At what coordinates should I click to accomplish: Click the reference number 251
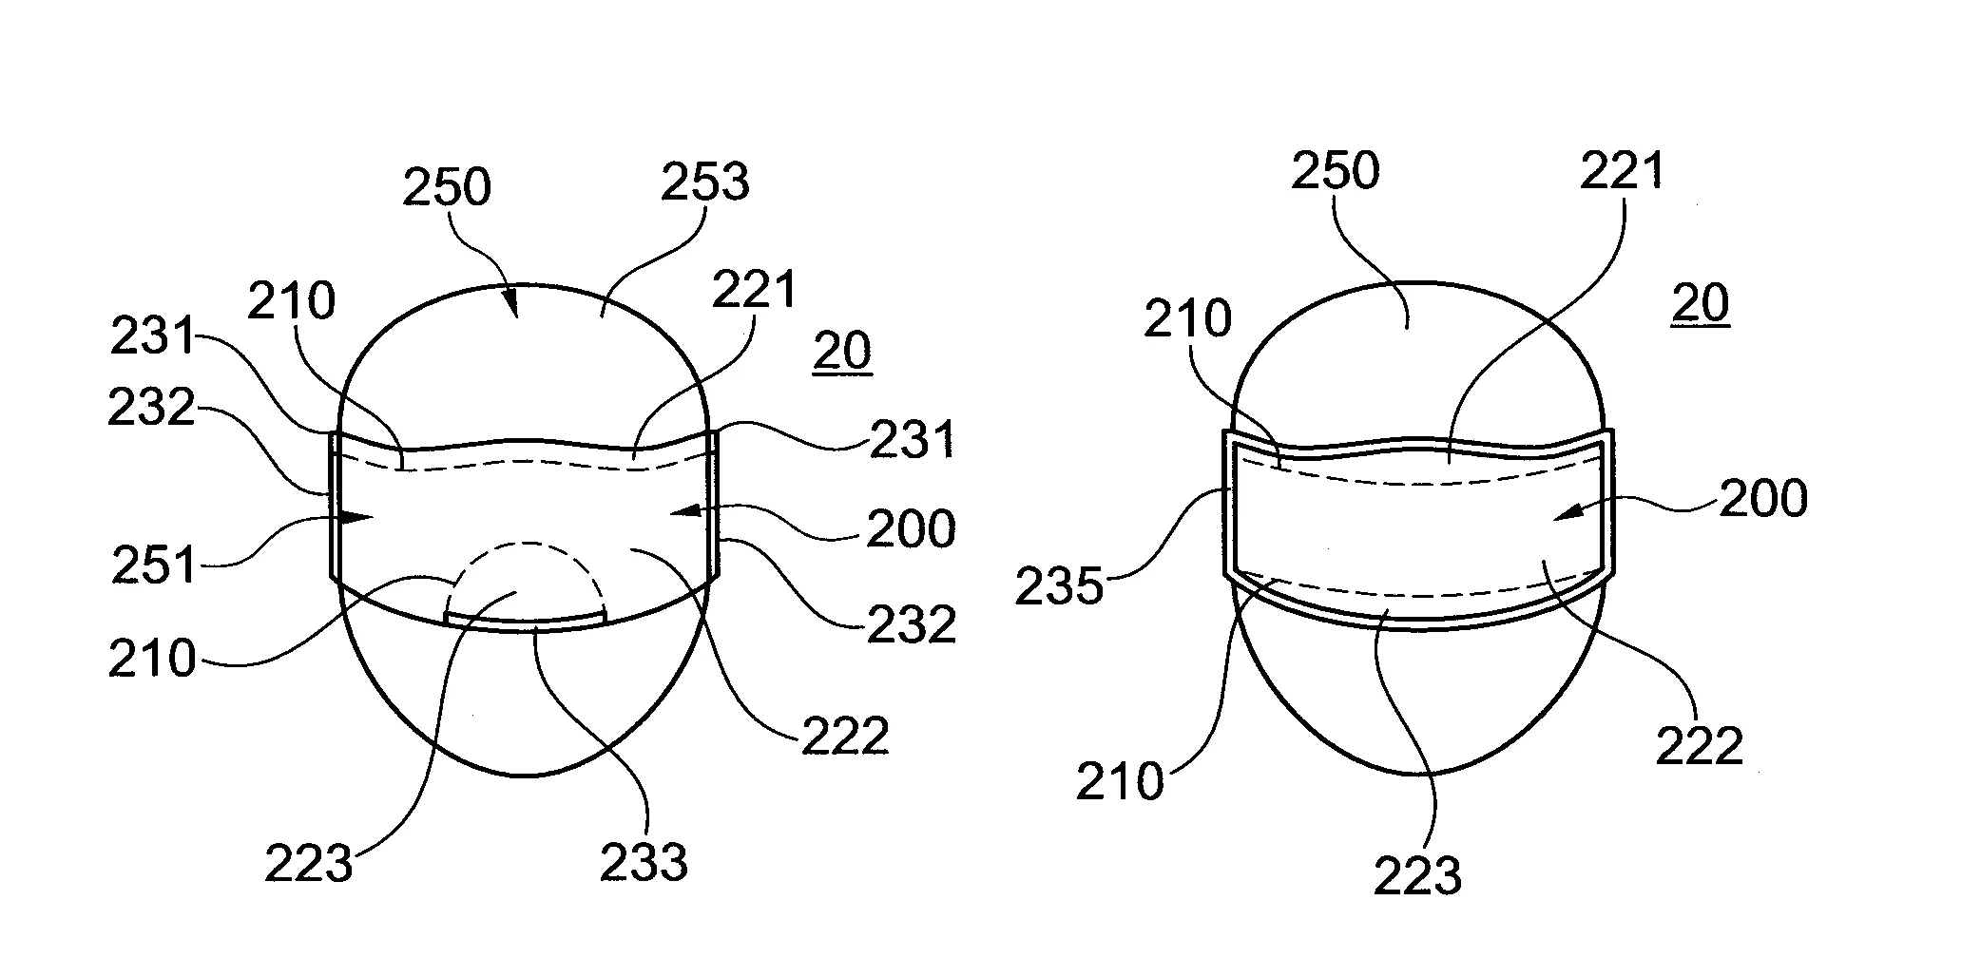click(153, 566)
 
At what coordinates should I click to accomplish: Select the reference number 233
click(644, 862)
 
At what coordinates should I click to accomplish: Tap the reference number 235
click(1059, 587)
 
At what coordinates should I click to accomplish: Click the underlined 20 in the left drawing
click(842, 353)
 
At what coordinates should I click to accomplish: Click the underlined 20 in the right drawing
click(1700, 303)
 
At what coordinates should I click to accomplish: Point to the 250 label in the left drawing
click(446, 187)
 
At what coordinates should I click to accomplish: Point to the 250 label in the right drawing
click(1336, 171)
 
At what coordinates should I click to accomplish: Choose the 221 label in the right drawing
click(1622, 171)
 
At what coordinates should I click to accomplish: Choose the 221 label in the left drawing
click(754, 289)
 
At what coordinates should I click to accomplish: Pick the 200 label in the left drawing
click(911, 529)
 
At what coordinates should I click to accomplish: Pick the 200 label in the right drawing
click(1763, 498)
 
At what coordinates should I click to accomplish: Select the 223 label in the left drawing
click(309, 864)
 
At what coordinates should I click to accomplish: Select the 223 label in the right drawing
click(1417, 874)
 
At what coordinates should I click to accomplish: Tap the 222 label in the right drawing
click(1700, 746)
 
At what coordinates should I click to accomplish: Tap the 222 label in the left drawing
click(845, 736)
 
